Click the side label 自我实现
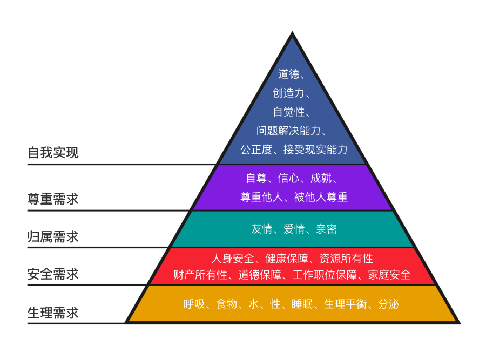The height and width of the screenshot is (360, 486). tap(53, 153)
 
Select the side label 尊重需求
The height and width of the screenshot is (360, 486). tap(53, 199)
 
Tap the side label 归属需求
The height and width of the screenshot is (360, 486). tap(53, 236)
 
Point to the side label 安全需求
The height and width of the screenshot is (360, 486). tap(53, 274)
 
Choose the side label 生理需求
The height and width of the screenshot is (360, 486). tap(53, 313)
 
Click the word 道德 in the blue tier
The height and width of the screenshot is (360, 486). tap(289, 74)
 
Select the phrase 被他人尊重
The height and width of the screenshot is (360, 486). tap(321, 197)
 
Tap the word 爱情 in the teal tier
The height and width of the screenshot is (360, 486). tap(294, 229)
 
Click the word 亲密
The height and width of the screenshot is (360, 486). tap(326, 229)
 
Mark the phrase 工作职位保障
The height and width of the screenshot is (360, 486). tap(325, 275)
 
